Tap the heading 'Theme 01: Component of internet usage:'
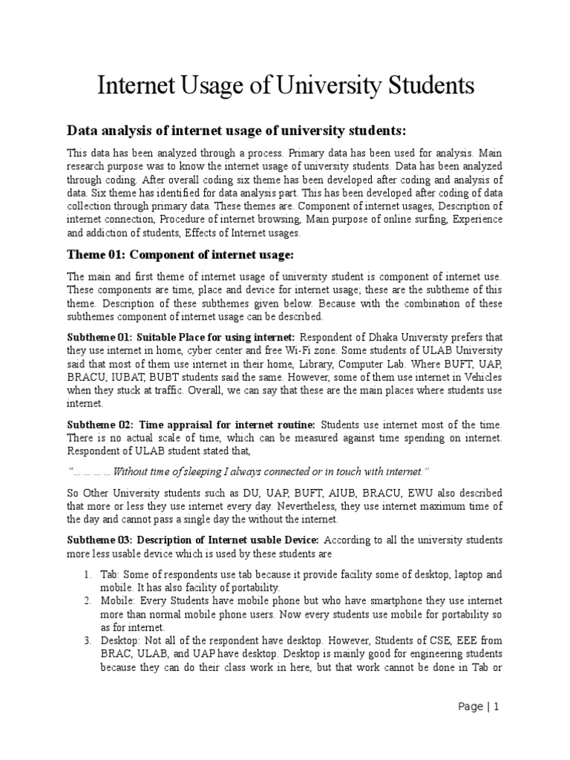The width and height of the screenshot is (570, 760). (x=181, y=255)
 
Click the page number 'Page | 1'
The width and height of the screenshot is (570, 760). (x=479, y=707)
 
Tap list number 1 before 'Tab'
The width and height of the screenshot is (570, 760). (x=87, y=574)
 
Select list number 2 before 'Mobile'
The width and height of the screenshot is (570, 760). (x=87, y=600)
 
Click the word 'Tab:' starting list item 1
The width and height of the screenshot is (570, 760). (x=111, y=574)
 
